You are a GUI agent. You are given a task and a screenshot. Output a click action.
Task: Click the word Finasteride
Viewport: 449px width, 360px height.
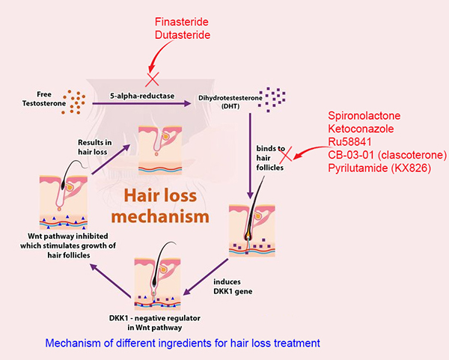click(182, 22)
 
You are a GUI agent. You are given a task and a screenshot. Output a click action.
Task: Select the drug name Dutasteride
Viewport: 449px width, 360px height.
click(183, 35)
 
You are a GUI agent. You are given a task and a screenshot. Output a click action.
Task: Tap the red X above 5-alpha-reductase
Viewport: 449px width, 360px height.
click(153, 79)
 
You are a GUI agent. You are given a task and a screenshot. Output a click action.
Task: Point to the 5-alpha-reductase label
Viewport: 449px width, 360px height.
click(142, 96)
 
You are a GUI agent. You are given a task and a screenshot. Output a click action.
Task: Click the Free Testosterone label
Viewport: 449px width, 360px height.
click(44, 99)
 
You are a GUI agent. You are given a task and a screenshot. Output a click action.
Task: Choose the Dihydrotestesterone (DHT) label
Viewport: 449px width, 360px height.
click(230, 102)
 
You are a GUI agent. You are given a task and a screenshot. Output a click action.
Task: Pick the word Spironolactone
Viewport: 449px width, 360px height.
click(364, 116)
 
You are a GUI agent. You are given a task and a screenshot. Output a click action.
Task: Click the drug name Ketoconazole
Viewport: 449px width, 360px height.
click(361, 129)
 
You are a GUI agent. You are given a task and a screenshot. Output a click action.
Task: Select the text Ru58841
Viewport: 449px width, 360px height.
click(349, 141)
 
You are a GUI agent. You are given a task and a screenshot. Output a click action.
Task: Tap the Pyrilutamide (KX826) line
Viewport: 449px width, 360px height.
click(379, 168)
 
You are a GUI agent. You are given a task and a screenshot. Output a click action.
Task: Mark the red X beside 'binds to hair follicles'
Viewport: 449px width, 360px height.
click(286, 153)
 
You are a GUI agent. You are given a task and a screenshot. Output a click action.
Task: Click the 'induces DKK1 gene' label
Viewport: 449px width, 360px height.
click(233, 287)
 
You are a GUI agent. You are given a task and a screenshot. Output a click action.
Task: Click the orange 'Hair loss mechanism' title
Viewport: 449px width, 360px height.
click(160, 206)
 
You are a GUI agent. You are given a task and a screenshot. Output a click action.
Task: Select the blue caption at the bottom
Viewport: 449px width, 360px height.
click(183, 343)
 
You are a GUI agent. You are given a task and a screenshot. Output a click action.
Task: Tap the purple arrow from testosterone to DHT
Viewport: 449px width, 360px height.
click(141, 103)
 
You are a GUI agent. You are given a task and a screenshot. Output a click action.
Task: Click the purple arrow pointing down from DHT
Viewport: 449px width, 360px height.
click(250, 156)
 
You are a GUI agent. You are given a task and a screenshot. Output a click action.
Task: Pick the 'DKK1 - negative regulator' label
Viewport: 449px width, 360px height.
click(155, 323)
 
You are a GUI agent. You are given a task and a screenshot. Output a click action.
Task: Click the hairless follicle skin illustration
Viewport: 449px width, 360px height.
click(160, 150)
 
